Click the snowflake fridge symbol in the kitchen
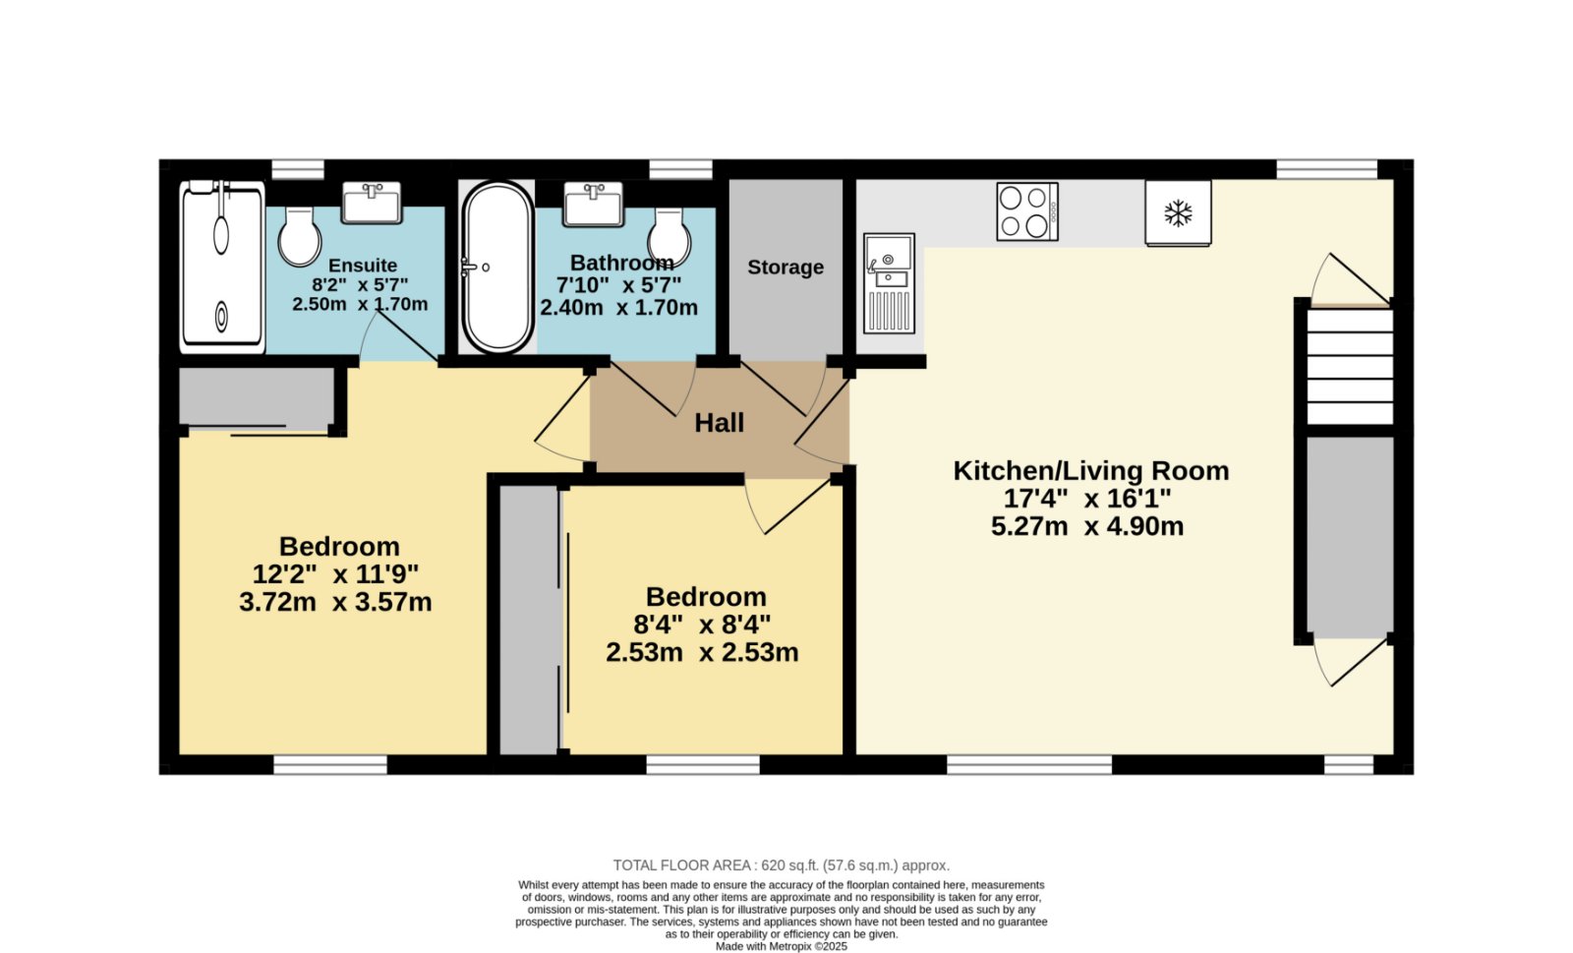1178,212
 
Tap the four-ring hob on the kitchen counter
1027,211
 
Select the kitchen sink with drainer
889,283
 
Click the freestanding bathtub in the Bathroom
497,268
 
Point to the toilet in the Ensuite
300,237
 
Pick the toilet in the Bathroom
669,237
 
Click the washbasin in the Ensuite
372,203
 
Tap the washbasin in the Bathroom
594,205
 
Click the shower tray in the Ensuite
222,268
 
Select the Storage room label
786,268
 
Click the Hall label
719,423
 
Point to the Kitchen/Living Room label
1091,470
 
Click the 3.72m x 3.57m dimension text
335,603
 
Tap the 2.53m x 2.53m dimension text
702,652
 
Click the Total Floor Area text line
781,865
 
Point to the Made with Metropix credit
781,946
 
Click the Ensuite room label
363,266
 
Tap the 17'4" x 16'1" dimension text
1087,499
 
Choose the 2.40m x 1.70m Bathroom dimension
618,308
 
